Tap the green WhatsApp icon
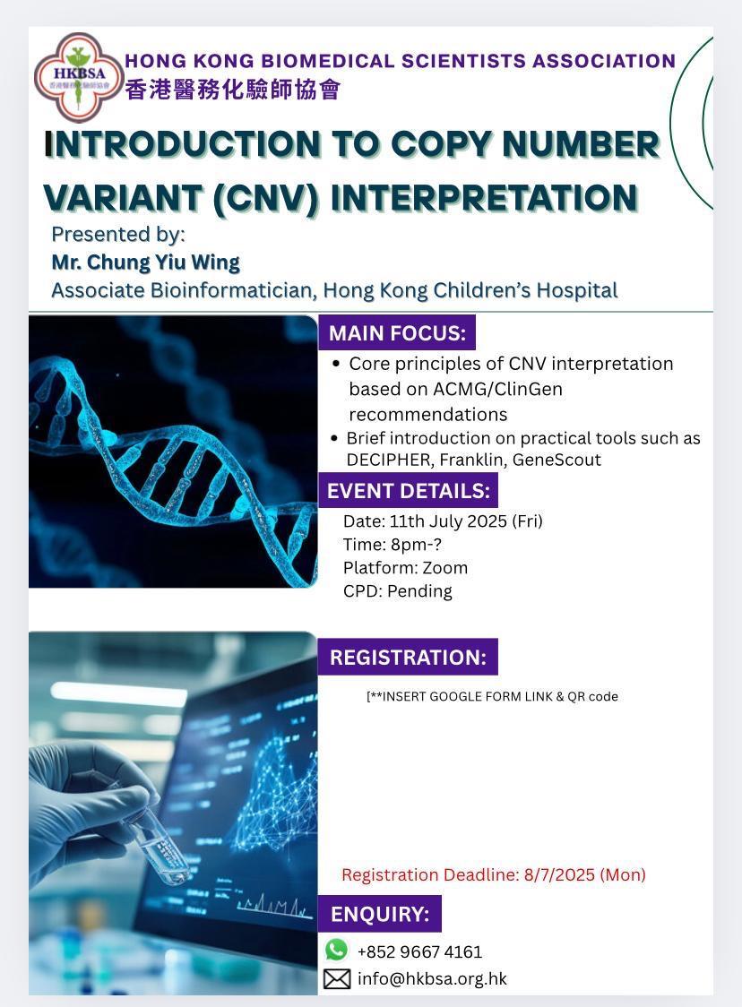coord(336,949)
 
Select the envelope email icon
coord(337,978)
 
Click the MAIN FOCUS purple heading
coord(397,332)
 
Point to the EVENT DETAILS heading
coord(408,491)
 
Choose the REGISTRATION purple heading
coord(408,657)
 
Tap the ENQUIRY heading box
coord(380,913)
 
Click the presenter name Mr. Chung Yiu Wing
coord(146,262)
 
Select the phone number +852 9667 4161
coord(419,951)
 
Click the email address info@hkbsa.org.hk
coord(432,978)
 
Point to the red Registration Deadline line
coord(494,874)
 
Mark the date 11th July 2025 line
coord(444,521)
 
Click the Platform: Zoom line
coord(405,568)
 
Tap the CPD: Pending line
coord(398,590)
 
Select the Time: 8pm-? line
coord(393,545)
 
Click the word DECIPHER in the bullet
coord(389,460)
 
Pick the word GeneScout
coord(556,460)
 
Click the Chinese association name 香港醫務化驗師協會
coord(233,90)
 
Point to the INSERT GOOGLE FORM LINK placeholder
coord(492,697)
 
